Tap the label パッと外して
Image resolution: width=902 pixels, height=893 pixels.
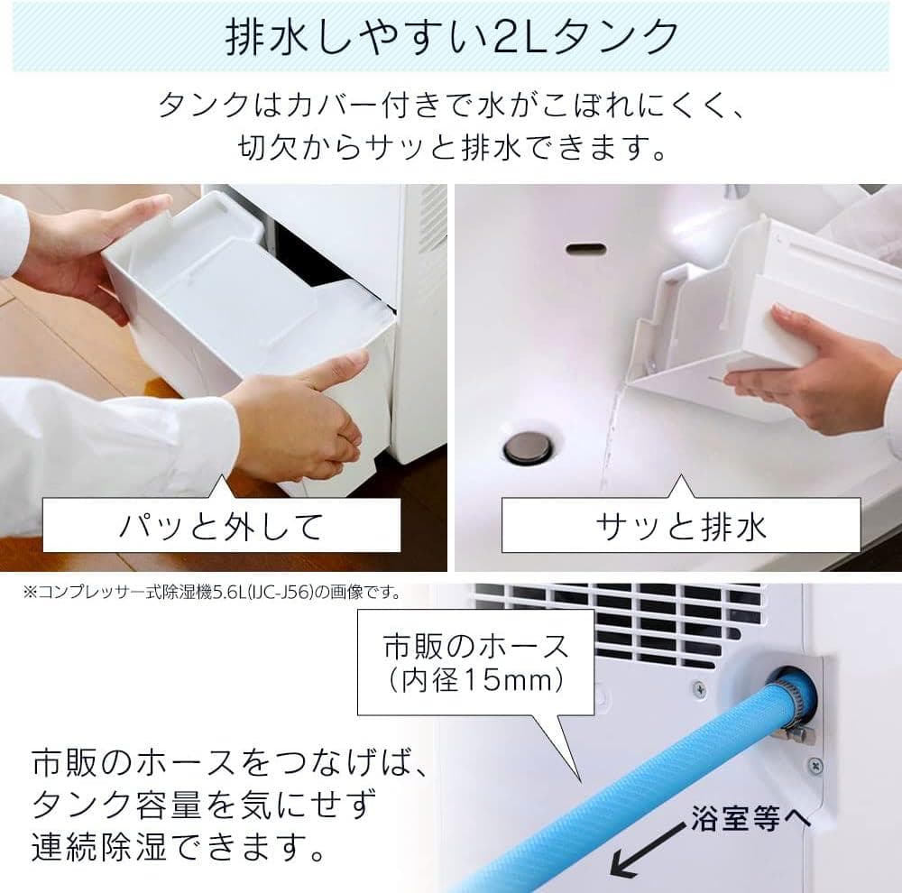221,526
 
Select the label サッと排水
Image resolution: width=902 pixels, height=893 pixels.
682,526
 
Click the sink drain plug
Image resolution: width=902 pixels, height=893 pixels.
527,447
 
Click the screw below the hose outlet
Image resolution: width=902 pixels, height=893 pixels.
815,765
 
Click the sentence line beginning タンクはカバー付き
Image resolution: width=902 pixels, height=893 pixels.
451,106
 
